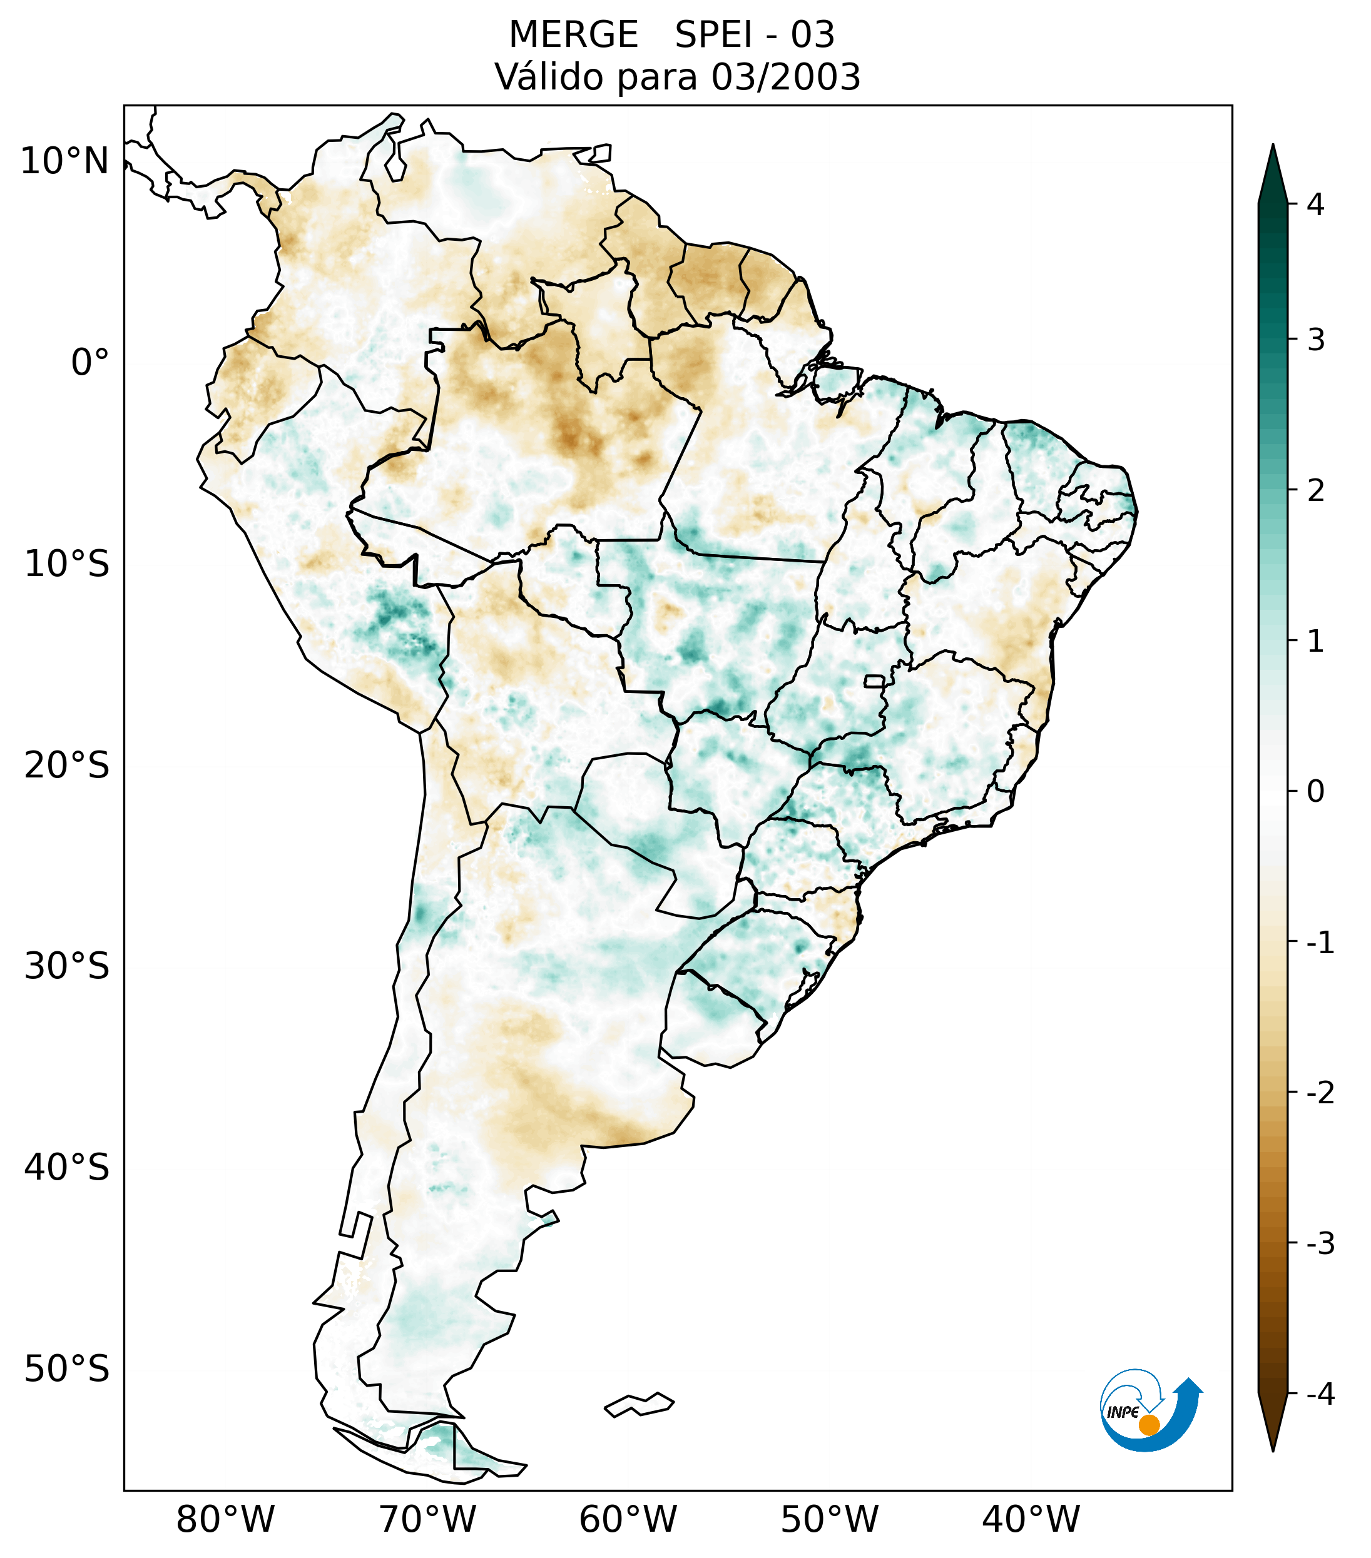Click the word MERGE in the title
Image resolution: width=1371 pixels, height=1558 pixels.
(x=573, y=35)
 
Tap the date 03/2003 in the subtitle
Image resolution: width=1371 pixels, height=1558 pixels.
(x=785, y=77)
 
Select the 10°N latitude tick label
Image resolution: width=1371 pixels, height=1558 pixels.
(x=65, y=161)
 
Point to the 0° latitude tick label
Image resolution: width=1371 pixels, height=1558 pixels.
(x=90, y=363)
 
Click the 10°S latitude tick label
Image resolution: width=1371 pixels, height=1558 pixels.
(x=67, y=565)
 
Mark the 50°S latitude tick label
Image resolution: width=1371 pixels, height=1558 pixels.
(x=67, y=1370)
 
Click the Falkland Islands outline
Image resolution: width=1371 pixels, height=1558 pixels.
(x=639, y=1404)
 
